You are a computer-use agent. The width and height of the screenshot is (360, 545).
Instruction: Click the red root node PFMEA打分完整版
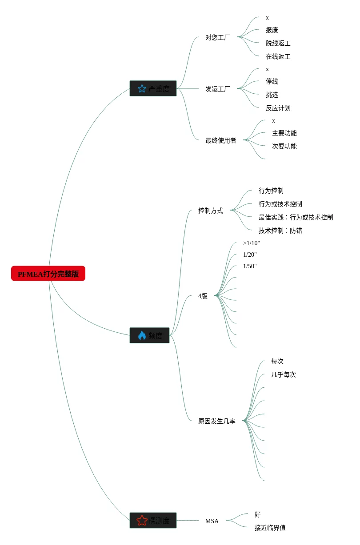coord(48,274)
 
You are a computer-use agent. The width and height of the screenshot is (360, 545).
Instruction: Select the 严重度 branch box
coord(153,88)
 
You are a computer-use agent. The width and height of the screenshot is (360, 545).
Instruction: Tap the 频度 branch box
coord(149,335)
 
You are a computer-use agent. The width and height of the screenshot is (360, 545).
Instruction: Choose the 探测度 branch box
coord(153,521)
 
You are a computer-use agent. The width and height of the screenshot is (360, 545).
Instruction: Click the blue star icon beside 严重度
coord(142,88)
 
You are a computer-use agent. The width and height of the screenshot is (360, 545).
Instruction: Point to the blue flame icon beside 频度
coord(142,335)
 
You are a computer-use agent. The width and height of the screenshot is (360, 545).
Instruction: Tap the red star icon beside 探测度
coord(142,521)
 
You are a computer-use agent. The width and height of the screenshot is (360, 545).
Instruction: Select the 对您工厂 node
coord(218,38)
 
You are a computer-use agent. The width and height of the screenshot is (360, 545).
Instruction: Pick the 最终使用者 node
coord(221,141)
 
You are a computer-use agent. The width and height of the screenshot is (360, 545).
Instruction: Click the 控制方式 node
coord(211,211)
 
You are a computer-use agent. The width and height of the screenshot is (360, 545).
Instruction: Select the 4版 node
coord(203,296)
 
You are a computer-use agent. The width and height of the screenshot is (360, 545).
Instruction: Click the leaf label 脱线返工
coord(278,44)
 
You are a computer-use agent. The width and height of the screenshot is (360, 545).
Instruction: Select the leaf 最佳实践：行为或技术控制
coord(296,218)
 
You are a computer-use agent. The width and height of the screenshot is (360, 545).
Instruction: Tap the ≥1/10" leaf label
coord(252,243)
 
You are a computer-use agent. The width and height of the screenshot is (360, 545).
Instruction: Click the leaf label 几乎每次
coord(284,375)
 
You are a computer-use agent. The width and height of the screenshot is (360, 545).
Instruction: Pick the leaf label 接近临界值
coord(270,528)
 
